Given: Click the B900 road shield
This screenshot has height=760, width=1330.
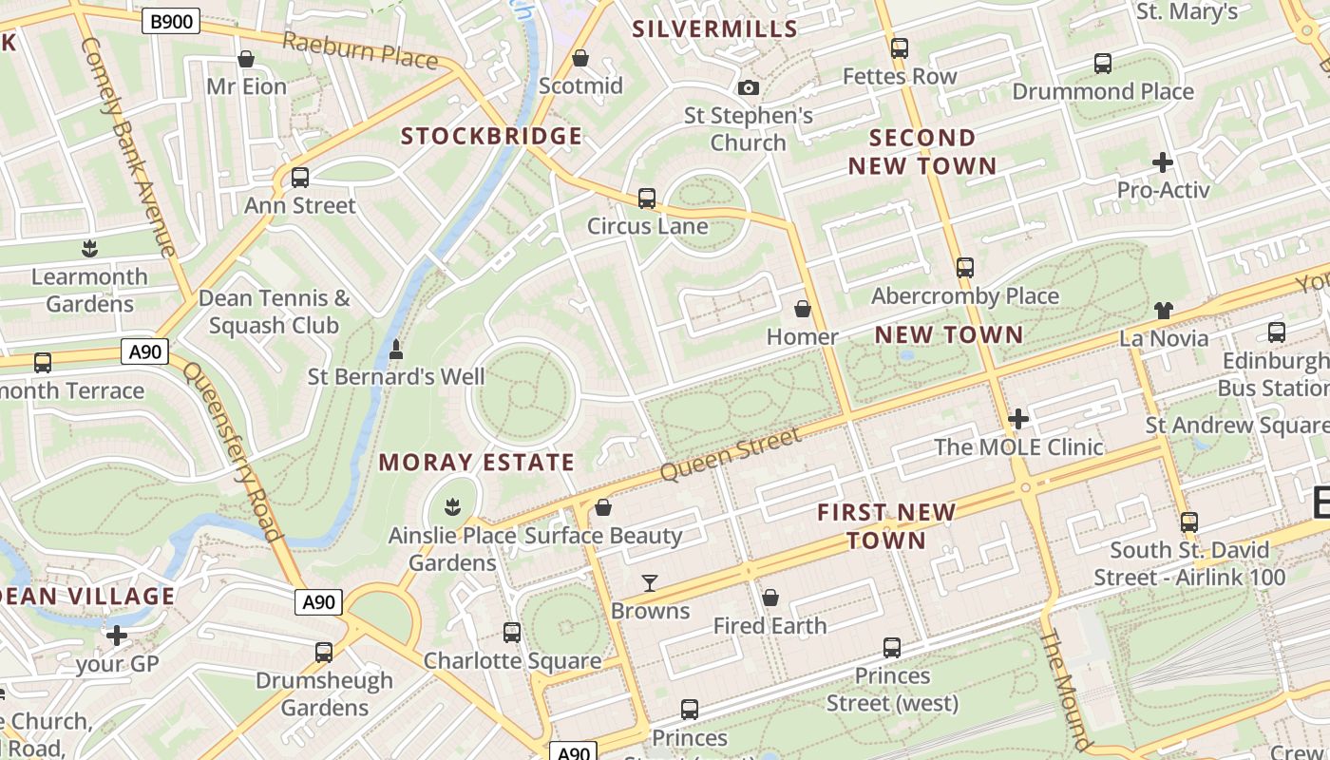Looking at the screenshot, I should click(171, 22).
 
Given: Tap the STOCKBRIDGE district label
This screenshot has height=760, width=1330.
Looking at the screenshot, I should click(491, 136).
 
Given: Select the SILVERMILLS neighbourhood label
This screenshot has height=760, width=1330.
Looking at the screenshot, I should click(715, 28).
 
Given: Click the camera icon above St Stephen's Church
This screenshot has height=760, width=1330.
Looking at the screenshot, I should click(749, 87).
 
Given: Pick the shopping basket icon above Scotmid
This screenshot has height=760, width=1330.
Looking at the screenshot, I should click(580, 59).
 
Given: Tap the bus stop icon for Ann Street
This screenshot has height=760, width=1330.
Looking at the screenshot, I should click(300, 178).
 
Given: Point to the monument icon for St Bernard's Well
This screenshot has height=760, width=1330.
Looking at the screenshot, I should click(396, 350).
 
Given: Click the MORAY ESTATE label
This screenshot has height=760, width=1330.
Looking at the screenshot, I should click(477, 463).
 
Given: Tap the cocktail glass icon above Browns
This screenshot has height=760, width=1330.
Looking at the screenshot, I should click(650, 582).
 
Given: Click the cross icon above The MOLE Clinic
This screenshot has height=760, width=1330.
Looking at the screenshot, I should click(1018, 418).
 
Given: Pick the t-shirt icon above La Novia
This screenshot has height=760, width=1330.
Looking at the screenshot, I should click(1164, 310).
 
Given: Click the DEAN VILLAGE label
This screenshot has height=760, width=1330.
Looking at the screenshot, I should click(87, 597).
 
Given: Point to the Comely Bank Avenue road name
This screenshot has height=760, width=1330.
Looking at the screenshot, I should click(128, 147).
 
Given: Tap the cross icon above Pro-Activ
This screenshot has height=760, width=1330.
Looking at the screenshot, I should click(1163, 162).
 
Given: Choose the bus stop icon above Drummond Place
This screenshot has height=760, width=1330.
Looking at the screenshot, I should click(1103, 64).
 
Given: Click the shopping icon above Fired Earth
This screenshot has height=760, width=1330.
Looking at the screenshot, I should click(770, 598).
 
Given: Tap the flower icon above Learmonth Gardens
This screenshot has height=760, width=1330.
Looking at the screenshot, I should click(89, 249).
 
